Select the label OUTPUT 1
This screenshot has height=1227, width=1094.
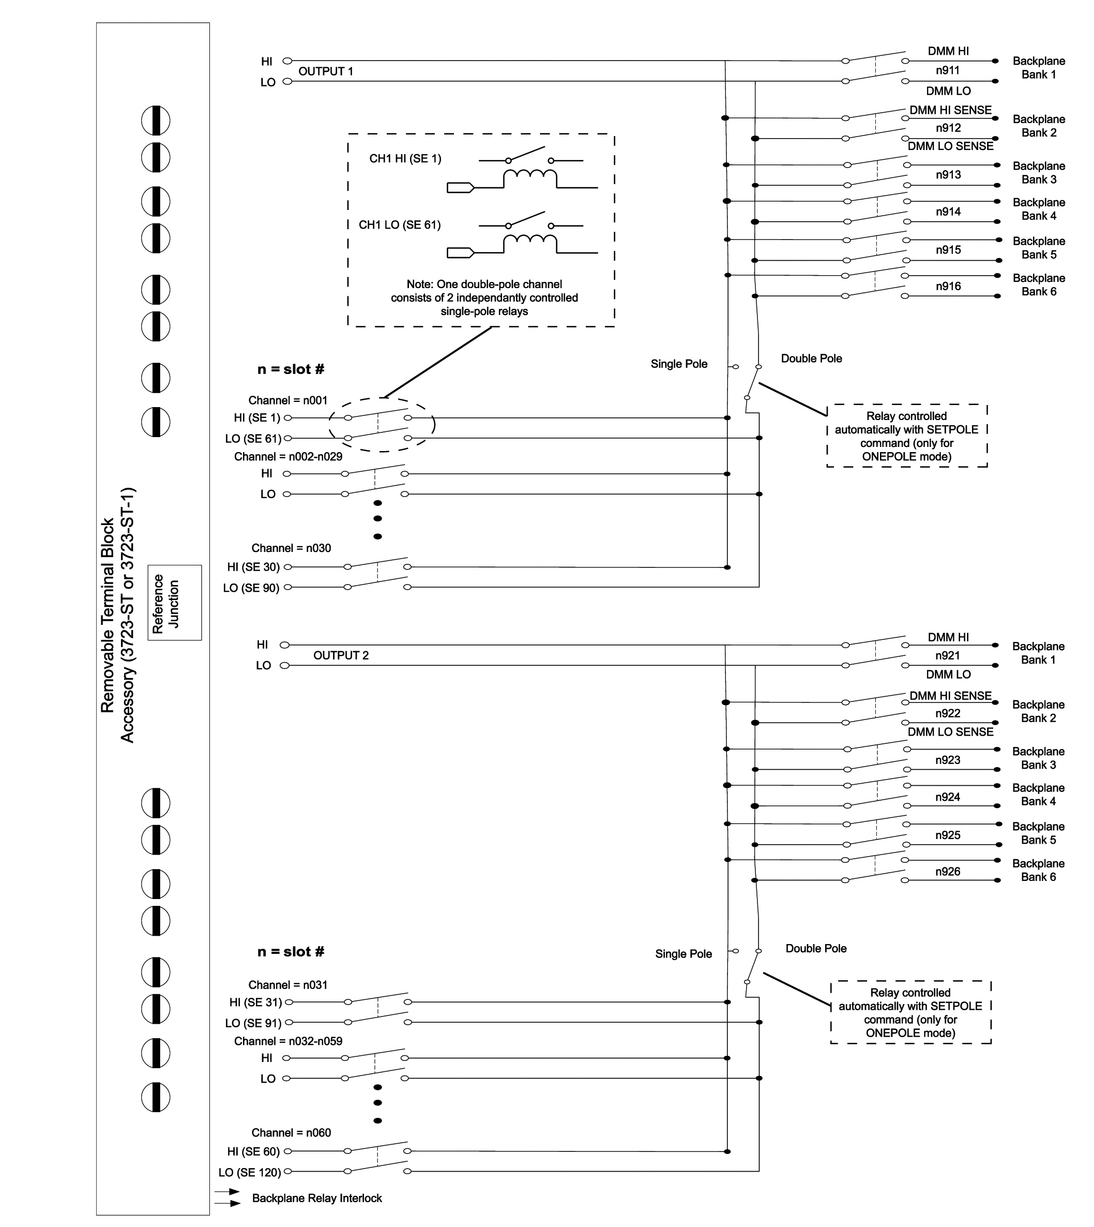point(326,71)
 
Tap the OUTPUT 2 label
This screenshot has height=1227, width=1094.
point(341,655)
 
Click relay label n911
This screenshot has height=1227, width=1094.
point(947,70)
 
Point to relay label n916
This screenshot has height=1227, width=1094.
point(948,286)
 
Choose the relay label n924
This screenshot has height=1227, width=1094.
point(947,797)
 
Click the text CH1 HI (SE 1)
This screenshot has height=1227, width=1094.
point(405,159)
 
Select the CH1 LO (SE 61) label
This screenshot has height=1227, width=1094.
point(400,225)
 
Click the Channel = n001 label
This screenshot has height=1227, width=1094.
point(288,400)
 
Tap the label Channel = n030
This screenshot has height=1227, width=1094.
point(291,548)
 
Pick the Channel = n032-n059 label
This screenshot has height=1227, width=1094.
point(288,1041)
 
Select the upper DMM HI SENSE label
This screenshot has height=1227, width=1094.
point(950,110)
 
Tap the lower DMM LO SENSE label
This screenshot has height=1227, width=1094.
point(950,731)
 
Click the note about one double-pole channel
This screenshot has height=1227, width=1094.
point(484,298)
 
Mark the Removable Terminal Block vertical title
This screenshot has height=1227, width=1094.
point(118,615)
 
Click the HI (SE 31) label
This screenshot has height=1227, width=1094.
point(255,1002)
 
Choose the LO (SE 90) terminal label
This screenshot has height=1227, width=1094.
point(251,588)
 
